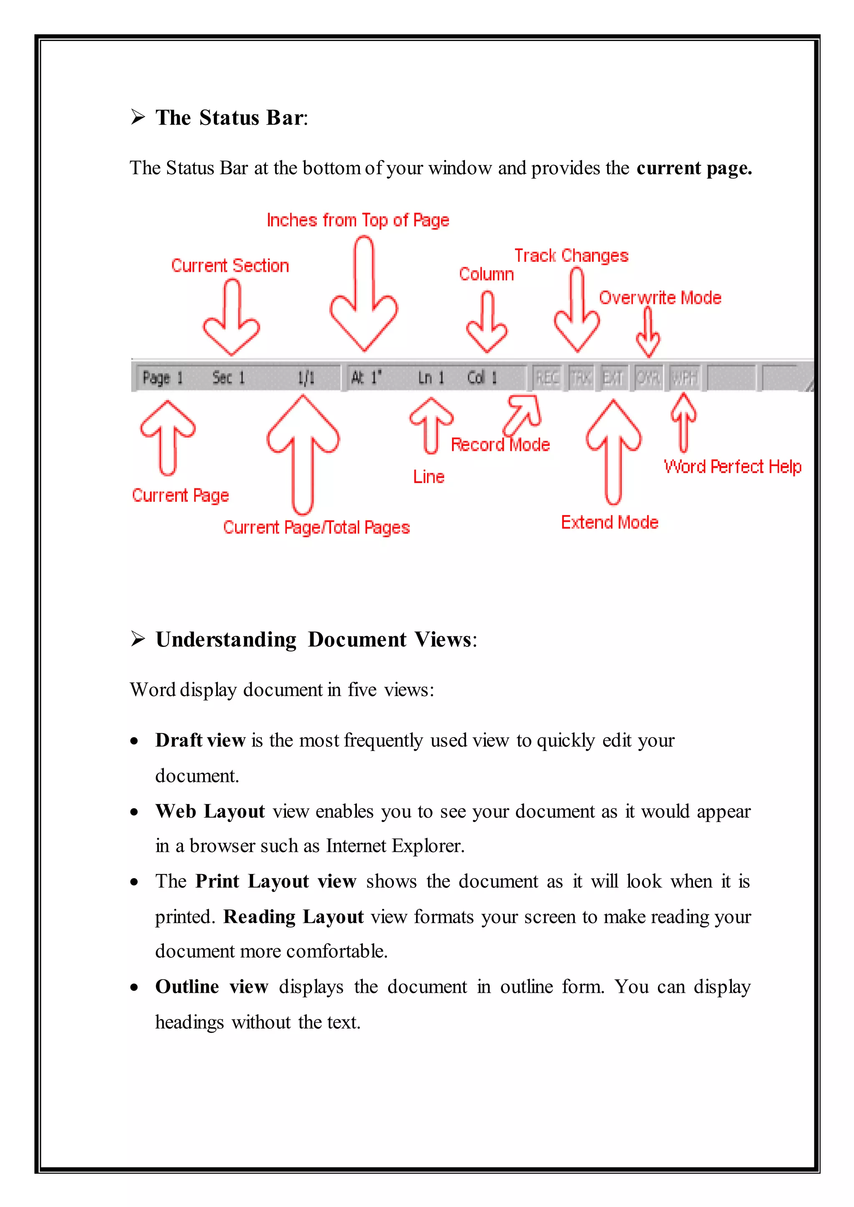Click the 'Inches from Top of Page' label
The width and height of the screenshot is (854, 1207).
[358, 220]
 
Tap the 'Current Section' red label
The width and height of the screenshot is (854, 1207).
[230, 266]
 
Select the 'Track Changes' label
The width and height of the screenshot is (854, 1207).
[571, 256]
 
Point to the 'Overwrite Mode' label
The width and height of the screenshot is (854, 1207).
[660, 298]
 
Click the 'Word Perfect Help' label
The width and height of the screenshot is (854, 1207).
[732, 467]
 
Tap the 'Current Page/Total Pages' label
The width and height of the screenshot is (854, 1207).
[316, 527]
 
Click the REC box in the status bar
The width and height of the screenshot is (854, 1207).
[547, 378]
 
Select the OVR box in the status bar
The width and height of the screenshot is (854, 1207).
[648, 378]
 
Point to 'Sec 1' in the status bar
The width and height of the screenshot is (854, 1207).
[228, 378]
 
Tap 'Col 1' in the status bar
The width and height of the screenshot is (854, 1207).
[482, 378]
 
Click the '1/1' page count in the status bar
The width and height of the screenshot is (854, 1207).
[306, 378]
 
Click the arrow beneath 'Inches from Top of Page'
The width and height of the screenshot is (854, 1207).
[364, 294]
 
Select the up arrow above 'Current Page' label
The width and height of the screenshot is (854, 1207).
[168, 436]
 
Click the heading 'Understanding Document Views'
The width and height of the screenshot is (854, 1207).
[316, 640]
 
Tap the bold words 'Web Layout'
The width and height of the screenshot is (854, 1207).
[210, 811]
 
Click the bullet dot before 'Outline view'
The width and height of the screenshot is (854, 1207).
[135, 988]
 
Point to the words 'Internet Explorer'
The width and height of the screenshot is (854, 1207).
[394, 846]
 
